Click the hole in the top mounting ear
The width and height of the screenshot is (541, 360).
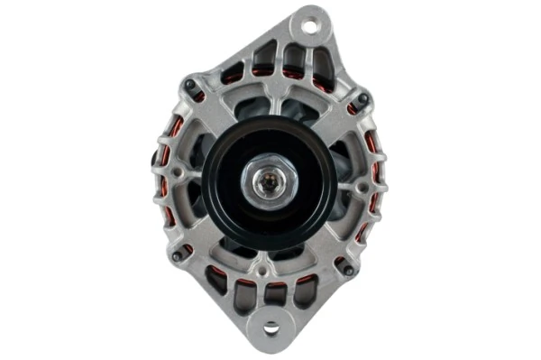coord(310,26)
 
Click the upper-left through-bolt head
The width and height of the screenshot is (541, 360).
coord(191,87)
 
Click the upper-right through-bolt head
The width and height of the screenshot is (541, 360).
coord(362,99)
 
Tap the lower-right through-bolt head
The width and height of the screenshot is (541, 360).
coord(348,267)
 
